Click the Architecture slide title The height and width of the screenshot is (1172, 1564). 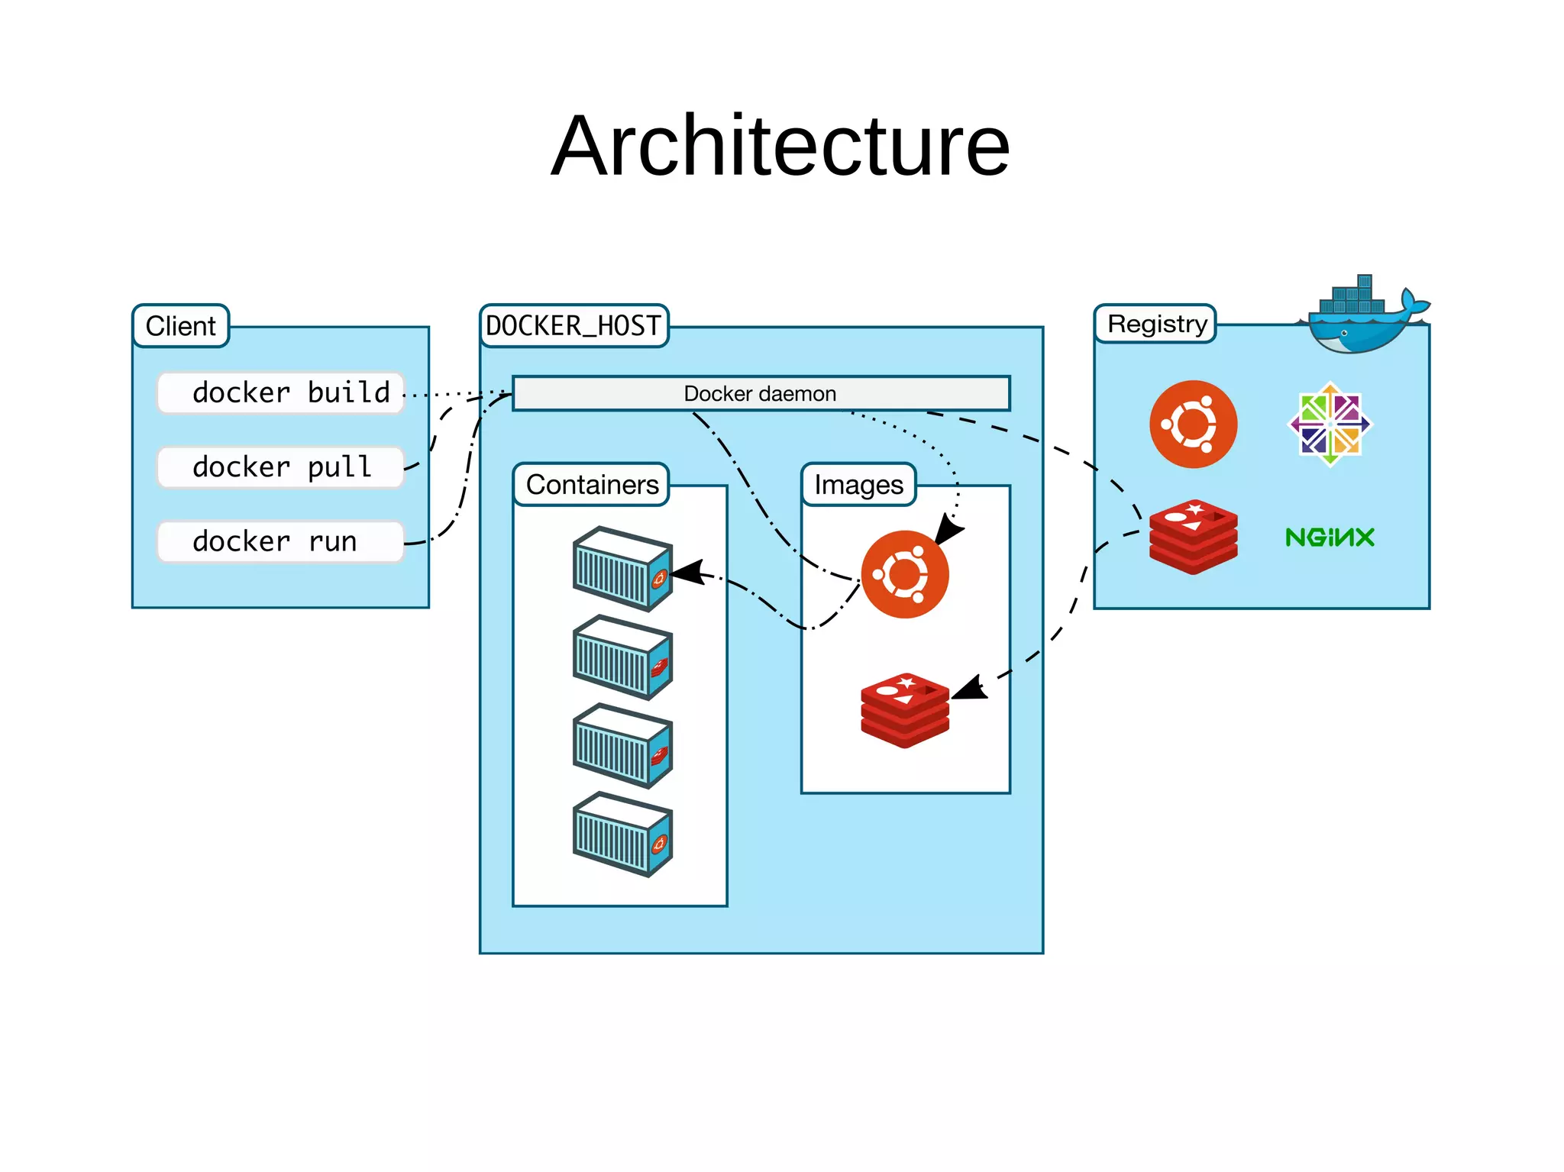pyautogui.click(x=780, y=146)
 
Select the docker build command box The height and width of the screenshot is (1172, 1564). pyautogui.click(x=280, y=393)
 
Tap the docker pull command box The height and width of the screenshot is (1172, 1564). pyautogui.click(x=280, y=467)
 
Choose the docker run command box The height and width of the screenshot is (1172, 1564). pyautogui.click(x=280, y=541)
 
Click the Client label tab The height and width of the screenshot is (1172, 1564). pyautogui.click(x=181, y=326)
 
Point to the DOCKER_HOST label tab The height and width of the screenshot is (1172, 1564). pyautogui.click(x=574, y=326)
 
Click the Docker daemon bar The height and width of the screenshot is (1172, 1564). pyautogui.click(x=761, y=393)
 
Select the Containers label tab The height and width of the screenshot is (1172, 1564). pyautogui.click(x=592, y=485)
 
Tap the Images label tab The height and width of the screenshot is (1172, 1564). pyautogui.click(x=858, y=485)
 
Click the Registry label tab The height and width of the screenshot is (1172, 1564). pyautogui.click(x=1156, y=324)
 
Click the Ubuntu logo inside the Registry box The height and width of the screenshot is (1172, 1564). pyautogui.click(x=1194, y=424)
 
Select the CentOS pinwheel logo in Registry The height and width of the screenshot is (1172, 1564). pyautogui.click(x=1330, y=424)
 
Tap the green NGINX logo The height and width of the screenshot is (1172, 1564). pyautogui.click(x=1330, y=538)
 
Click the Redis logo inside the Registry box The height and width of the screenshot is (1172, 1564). pyautogui.click(x=1194, y=537)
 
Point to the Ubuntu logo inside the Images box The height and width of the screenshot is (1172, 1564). pyautogui.click(x=905, y=574)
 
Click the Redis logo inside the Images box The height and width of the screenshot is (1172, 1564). pyautogui.click(x=905, y=710)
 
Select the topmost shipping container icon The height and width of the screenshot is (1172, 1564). pyautogui.click(x=622, y=569)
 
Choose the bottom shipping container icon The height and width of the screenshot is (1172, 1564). pyautogui.click(x=622, y=834)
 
